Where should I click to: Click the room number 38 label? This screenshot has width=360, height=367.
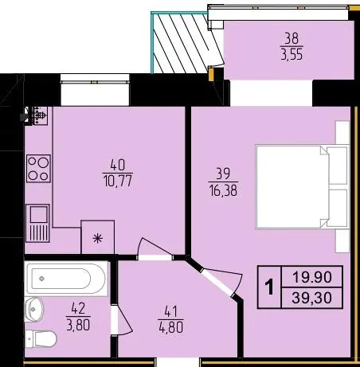coord(292,38)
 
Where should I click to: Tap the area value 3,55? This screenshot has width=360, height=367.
coord(292,55)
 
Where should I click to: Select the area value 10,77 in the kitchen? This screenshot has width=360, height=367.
coord(117,182)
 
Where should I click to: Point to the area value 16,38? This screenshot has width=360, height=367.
coord(223,190)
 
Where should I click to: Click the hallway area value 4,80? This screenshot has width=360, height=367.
coord(171,327)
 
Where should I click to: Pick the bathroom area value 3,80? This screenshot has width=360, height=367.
coord(78,325)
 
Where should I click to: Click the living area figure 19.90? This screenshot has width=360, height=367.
coord(312,277)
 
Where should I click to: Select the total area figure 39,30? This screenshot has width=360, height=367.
coord(312,298)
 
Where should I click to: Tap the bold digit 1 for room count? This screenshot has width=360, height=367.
coord(269,287)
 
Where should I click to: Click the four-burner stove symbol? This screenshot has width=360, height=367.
coord(38,168)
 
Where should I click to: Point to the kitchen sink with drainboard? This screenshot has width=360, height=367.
coord(37,224)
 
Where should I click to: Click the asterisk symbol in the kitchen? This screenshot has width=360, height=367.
coord(98,238)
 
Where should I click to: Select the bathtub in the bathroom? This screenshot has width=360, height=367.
coord(66,279)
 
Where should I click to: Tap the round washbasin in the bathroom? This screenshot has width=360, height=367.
coord(33,310)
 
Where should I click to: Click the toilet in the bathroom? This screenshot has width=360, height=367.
coord(41,339)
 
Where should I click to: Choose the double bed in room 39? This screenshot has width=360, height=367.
coord(302,186)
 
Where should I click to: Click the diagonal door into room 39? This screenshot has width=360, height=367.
coord(216,282)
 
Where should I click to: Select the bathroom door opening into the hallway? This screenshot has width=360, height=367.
coord(121,321)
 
